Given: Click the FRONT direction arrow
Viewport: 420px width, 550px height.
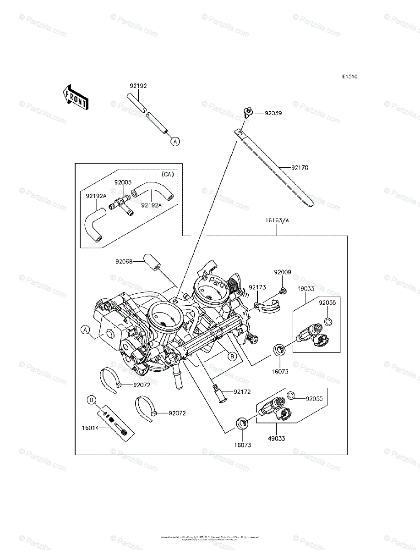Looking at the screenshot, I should tap(76, 98).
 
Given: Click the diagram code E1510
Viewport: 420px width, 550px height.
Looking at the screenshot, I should tap(349, 77).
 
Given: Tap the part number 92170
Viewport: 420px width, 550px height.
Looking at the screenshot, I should tap(300, 168).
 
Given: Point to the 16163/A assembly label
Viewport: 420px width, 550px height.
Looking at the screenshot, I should tap(278, 220).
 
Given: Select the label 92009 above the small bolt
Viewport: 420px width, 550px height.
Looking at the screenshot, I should tap(283, 272).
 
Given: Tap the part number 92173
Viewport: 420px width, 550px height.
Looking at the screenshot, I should tap(257, 287).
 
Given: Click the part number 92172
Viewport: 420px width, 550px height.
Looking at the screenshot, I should tap(242, 392).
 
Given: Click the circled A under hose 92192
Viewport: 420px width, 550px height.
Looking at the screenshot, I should tap(175, 142).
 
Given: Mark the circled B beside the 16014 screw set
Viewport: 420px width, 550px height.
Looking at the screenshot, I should tap(92, 401).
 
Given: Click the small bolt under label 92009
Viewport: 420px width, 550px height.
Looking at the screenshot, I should tap(283, 290).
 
